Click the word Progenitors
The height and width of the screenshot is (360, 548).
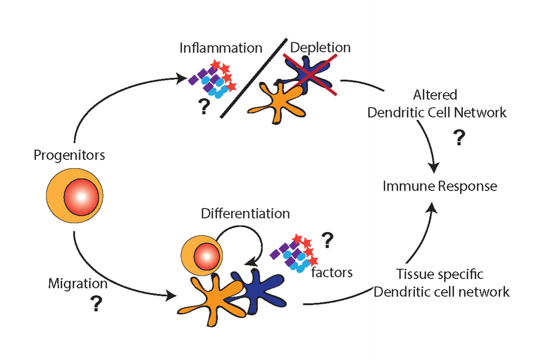click(69, 155)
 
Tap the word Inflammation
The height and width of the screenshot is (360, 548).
click(221, 47)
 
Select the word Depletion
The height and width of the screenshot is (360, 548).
click(321, 47)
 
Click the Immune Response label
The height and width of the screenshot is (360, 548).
click(440, 186)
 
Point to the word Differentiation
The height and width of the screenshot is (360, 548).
click(245, 214)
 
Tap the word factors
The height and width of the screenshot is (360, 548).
click(332, 272)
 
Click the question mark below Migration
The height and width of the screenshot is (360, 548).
click(96, 306)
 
